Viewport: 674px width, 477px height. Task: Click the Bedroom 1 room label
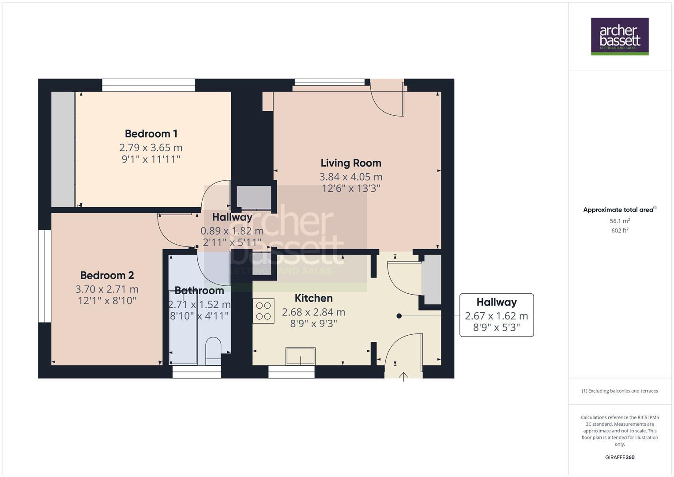coord(151,133)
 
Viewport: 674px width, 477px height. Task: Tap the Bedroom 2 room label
coord(107,275)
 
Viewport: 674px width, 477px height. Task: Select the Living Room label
coord(351,163)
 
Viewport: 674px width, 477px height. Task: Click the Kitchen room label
coord(313,298)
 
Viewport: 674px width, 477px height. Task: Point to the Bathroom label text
coord(199,291)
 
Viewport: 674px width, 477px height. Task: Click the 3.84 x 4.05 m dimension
coord(351,177)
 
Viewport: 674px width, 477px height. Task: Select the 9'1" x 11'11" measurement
coord(151,159)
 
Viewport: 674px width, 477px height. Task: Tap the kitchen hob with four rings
coord(264,311)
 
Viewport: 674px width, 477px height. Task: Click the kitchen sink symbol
coord(301,356)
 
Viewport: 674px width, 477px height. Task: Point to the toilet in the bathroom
coord(213,349)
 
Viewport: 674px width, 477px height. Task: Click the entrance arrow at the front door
coord(403,376)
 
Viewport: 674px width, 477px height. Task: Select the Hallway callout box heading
coord(497,302)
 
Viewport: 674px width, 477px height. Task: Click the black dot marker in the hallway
coord(399,316)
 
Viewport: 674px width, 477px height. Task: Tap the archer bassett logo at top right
coord(620,36)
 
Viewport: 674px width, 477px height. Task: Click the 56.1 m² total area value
coord(620,221)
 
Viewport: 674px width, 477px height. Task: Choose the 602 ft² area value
coord(620,231)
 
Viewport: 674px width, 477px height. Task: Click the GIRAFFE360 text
coord(620,458)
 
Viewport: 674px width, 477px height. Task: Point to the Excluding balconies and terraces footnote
coord(620,391)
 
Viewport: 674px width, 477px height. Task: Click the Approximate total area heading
coord(619,210)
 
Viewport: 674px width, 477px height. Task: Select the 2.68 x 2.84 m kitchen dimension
coord(313,312)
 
